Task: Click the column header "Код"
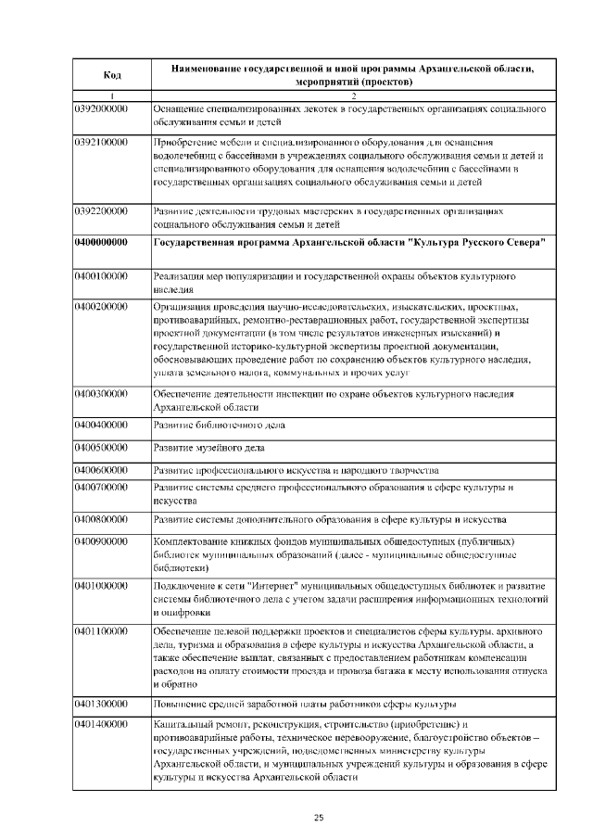tap(111, 75)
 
